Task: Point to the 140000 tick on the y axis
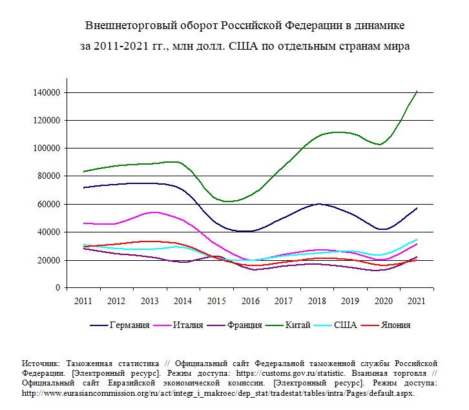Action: tap(47, 92)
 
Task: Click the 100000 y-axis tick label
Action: tap(47, 149)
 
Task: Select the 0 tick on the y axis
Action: tap(57, 288)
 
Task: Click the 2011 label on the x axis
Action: tap(83, 301)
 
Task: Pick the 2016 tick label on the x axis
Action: tap(249, 301)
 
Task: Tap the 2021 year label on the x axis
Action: tap(417, 301)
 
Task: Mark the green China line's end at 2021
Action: tap(417, 91)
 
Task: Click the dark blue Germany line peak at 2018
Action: tap(317, 204)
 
